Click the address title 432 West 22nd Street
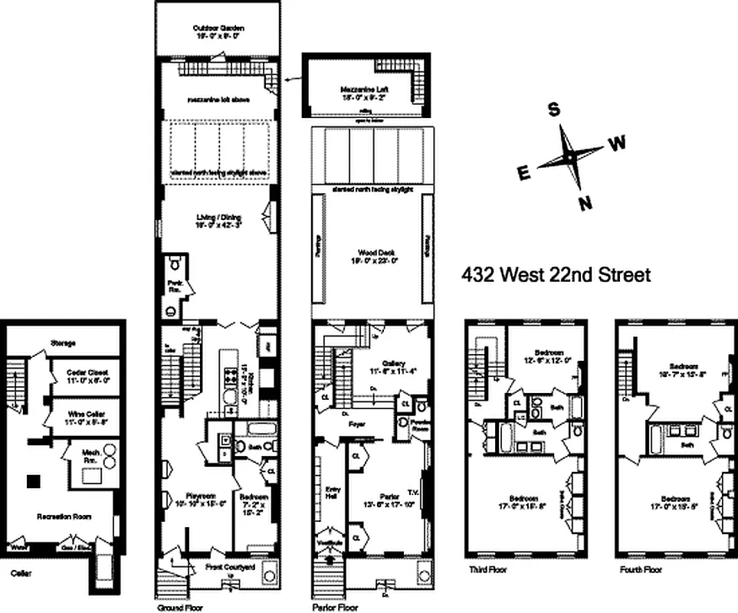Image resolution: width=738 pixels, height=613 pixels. (556, 274)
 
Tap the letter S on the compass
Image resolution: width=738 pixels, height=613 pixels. (553, 110)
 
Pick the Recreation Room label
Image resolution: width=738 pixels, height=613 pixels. (65, 516)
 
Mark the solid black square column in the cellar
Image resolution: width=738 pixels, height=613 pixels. (32, 481)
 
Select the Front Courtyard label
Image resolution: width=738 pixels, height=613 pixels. (229, 568)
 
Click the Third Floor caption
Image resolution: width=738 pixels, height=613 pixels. (487, 571)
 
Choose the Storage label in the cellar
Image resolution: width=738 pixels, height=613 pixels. (63, 343)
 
